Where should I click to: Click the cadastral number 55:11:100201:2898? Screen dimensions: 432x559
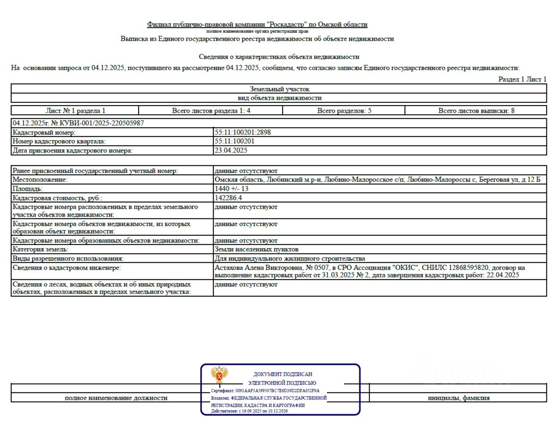[x=243, y=132]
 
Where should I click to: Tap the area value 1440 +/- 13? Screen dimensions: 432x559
[x=231, y=189]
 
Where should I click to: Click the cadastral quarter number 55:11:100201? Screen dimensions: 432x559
[x=234, y=141]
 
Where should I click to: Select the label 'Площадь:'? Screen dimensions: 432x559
[x=28, y=189]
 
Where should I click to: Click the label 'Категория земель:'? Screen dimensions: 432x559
[x=41, y=249]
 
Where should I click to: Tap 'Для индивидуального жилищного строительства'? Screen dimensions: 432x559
[x=290, y=258]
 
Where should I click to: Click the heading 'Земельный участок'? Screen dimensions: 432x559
[x=279, y=89]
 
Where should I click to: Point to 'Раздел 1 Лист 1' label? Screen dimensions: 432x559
[x=522, y=79]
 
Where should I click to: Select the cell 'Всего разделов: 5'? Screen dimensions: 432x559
[x=344, y=111]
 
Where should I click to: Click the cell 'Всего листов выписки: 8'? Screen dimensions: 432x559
[x=476, y=111]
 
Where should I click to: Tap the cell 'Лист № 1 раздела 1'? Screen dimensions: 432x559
[x=75, y=111]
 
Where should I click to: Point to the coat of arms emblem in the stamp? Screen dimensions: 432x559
[x=219, y=375]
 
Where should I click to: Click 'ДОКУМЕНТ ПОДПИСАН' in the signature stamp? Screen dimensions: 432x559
[x=283, y=374]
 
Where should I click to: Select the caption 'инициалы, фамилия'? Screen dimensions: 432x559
[x=458, y=398]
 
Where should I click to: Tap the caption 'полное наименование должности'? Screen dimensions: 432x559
[x=116, y=398]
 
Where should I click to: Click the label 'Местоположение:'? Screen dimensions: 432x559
[x=40, y=180]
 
